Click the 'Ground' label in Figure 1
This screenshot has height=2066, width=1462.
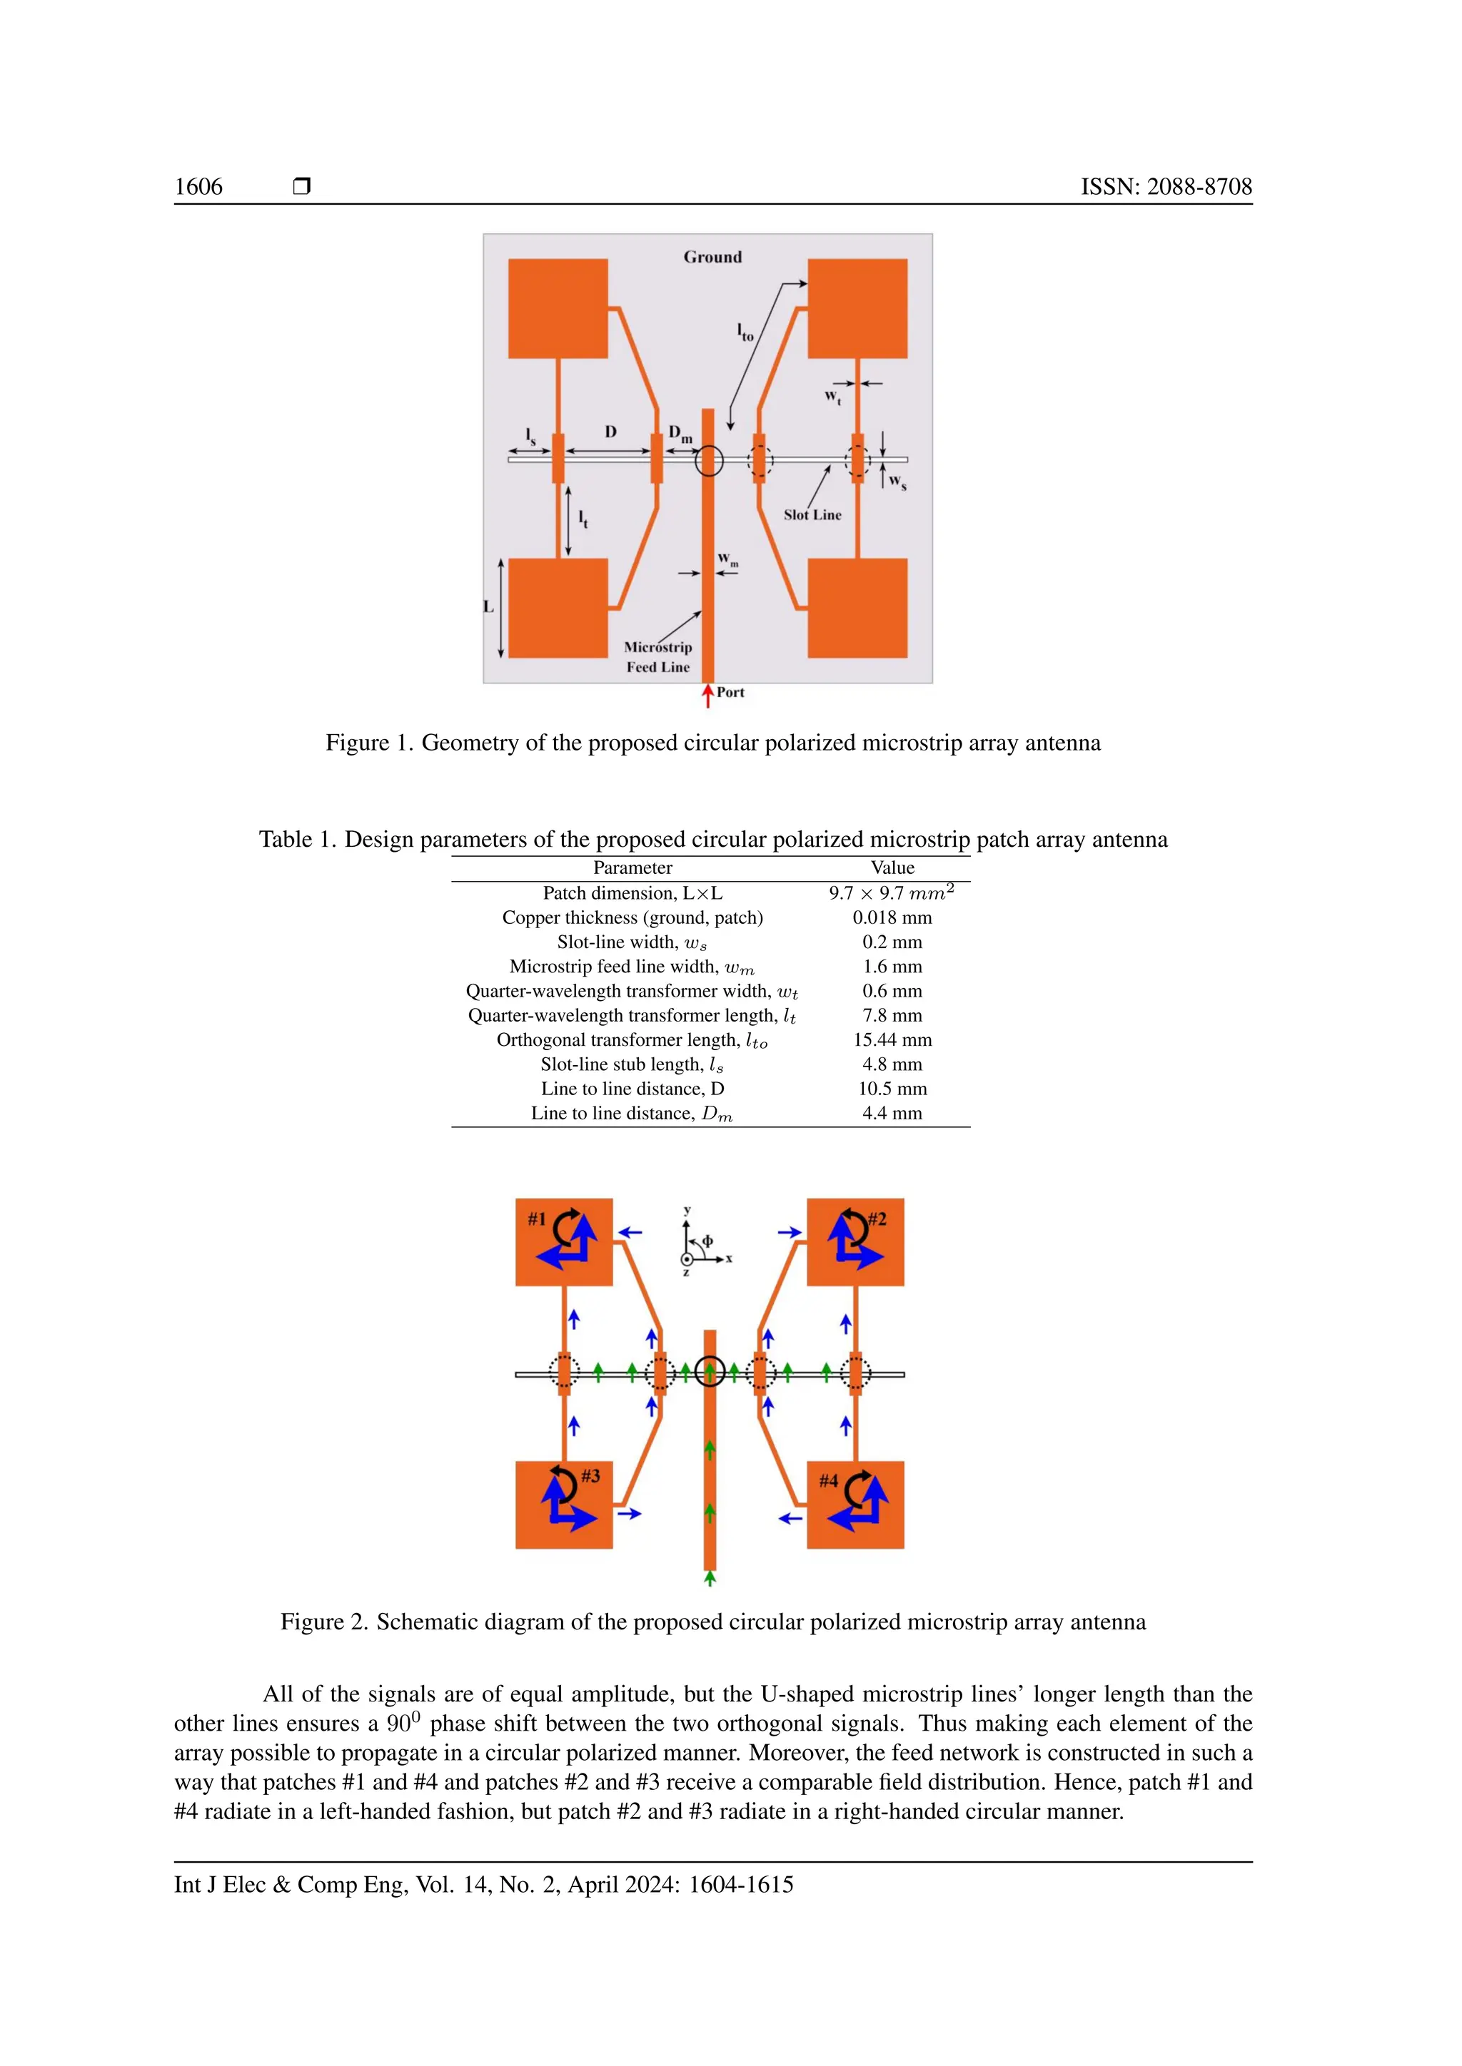(712, 258)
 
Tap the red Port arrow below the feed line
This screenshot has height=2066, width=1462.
(707, 696)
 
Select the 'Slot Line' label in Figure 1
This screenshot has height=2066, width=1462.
(812, 516)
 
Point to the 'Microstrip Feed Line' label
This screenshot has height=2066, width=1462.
(658, 657)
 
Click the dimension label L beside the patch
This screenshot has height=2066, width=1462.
(489, 607)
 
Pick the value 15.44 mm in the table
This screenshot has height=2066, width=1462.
(892, 1040)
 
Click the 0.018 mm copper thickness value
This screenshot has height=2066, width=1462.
(892, 918)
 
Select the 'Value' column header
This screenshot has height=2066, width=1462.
(892, 868)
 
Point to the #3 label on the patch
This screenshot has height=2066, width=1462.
(590, 1476)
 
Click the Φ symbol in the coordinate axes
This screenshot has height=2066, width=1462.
(707, 1242)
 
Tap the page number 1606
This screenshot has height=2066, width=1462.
(198, 187)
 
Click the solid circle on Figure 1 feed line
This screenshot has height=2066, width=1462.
(708, 461)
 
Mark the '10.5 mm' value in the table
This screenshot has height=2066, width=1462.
(892, 1089)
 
